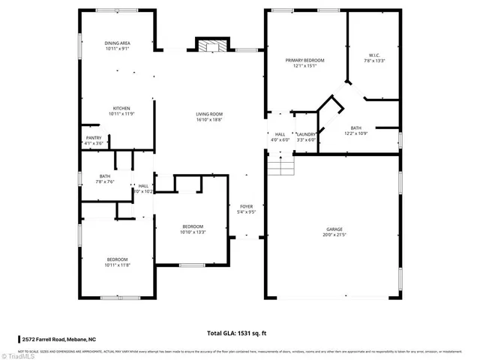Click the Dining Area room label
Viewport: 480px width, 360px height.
[118, 43]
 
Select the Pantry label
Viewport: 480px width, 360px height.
[94, 137]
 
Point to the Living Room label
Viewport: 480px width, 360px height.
[209, 114]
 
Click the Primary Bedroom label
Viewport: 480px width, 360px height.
[304, 59]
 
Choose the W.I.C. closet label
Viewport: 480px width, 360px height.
[374, 55]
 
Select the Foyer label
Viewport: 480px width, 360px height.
[247, 206]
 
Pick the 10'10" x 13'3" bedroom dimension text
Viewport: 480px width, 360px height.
[193, 232]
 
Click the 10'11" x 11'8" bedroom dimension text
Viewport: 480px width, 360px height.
[118, 265]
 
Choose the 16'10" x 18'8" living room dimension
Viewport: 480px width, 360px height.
[209, 120]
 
